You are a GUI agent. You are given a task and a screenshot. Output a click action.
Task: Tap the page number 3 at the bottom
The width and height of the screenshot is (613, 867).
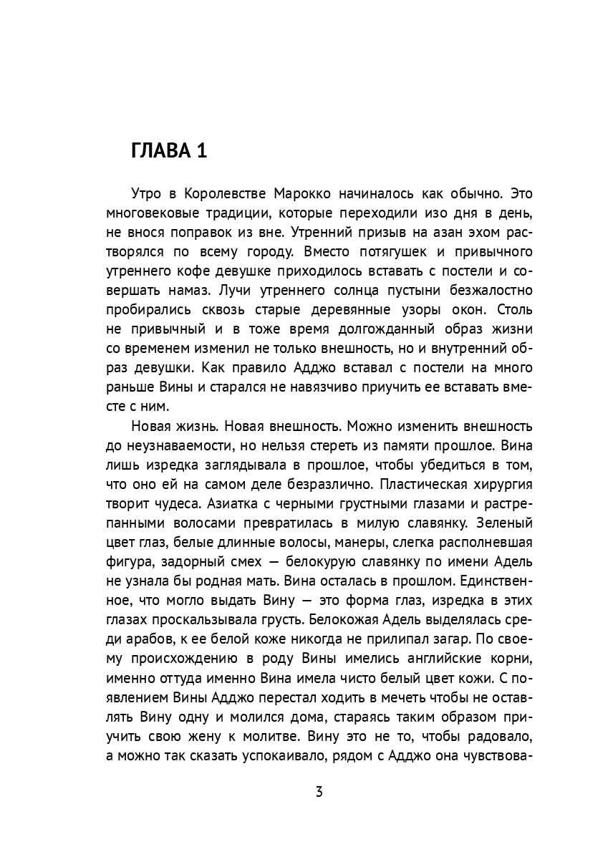[319, 792]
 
